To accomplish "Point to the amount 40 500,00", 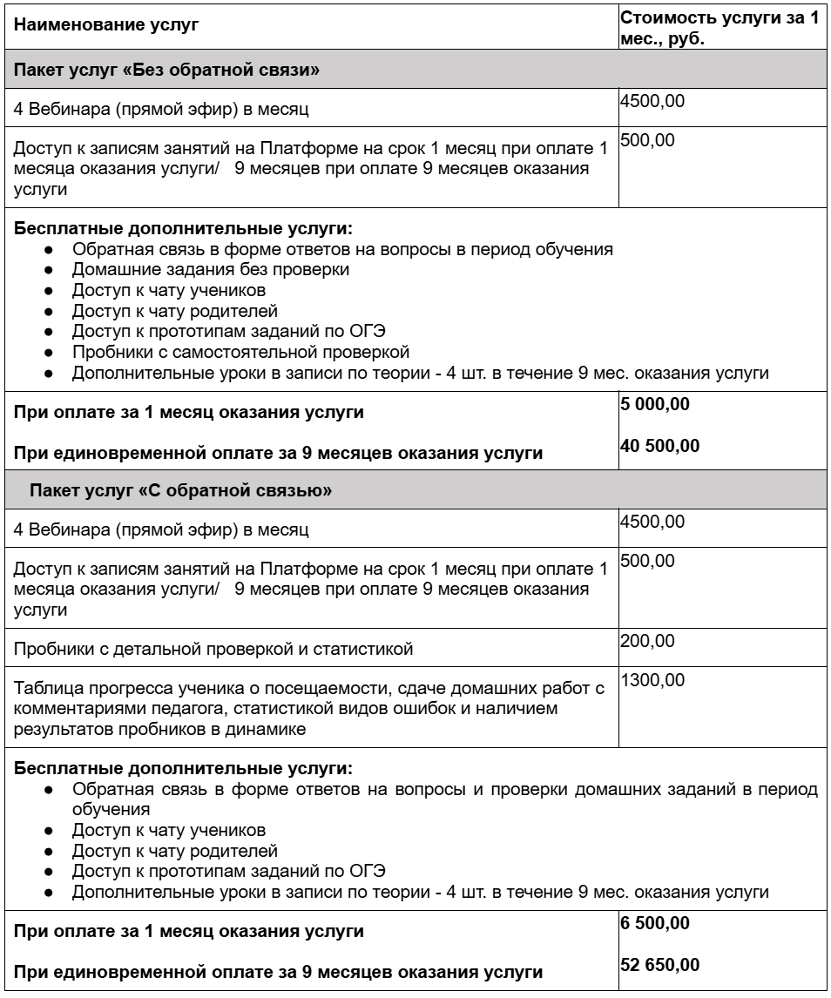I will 659,446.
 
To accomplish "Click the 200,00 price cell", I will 646,642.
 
